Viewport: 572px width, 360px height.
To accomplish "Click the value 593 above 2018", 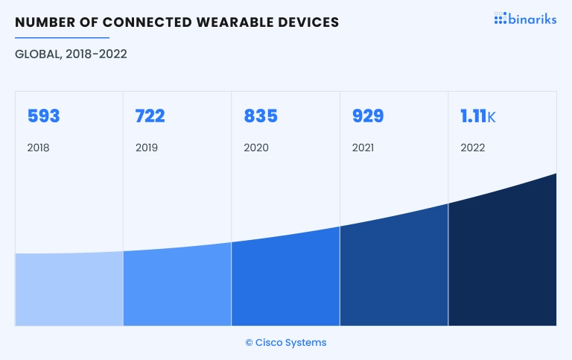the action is click(43, 116).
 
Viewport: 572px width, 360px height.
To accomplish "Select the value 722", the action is click(150, 116).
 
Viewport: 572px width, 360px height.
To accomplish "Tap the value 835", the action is click(261, 116).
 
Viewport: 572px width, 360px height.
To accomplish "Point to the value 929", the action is click(368, 116).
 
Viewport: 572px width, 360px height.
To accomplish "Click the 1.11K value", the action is click(478, 116).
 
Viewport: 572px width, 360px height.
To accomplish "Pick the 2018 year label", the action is click(38, 148).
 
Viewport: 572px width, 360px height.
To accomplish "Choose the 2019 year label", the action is click(147, 148).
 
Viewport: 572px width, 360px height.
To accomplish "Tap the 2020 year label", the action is click(256, 148).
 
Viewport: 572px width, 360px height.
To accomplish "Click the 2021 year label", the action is click(363, 148).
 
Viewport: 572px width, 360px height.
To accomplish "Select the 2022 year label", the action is click(473, 148).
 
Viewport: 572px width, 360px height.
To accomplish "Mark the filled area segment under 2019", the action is click(177, 287).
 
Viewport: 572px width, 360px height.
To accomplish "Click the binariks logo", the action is click(525, 19).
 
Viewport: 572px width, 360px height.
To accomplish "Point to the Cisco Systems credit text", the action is click(286, 343).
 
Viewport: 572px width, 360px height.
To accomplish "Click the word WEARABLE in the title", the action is click(235, 22).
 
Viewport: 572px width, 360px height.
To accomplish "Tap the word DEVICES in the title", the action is click(308, 22).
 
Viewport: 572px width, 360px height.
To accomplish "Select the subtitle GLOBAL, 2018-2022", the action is click(71, 54).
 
